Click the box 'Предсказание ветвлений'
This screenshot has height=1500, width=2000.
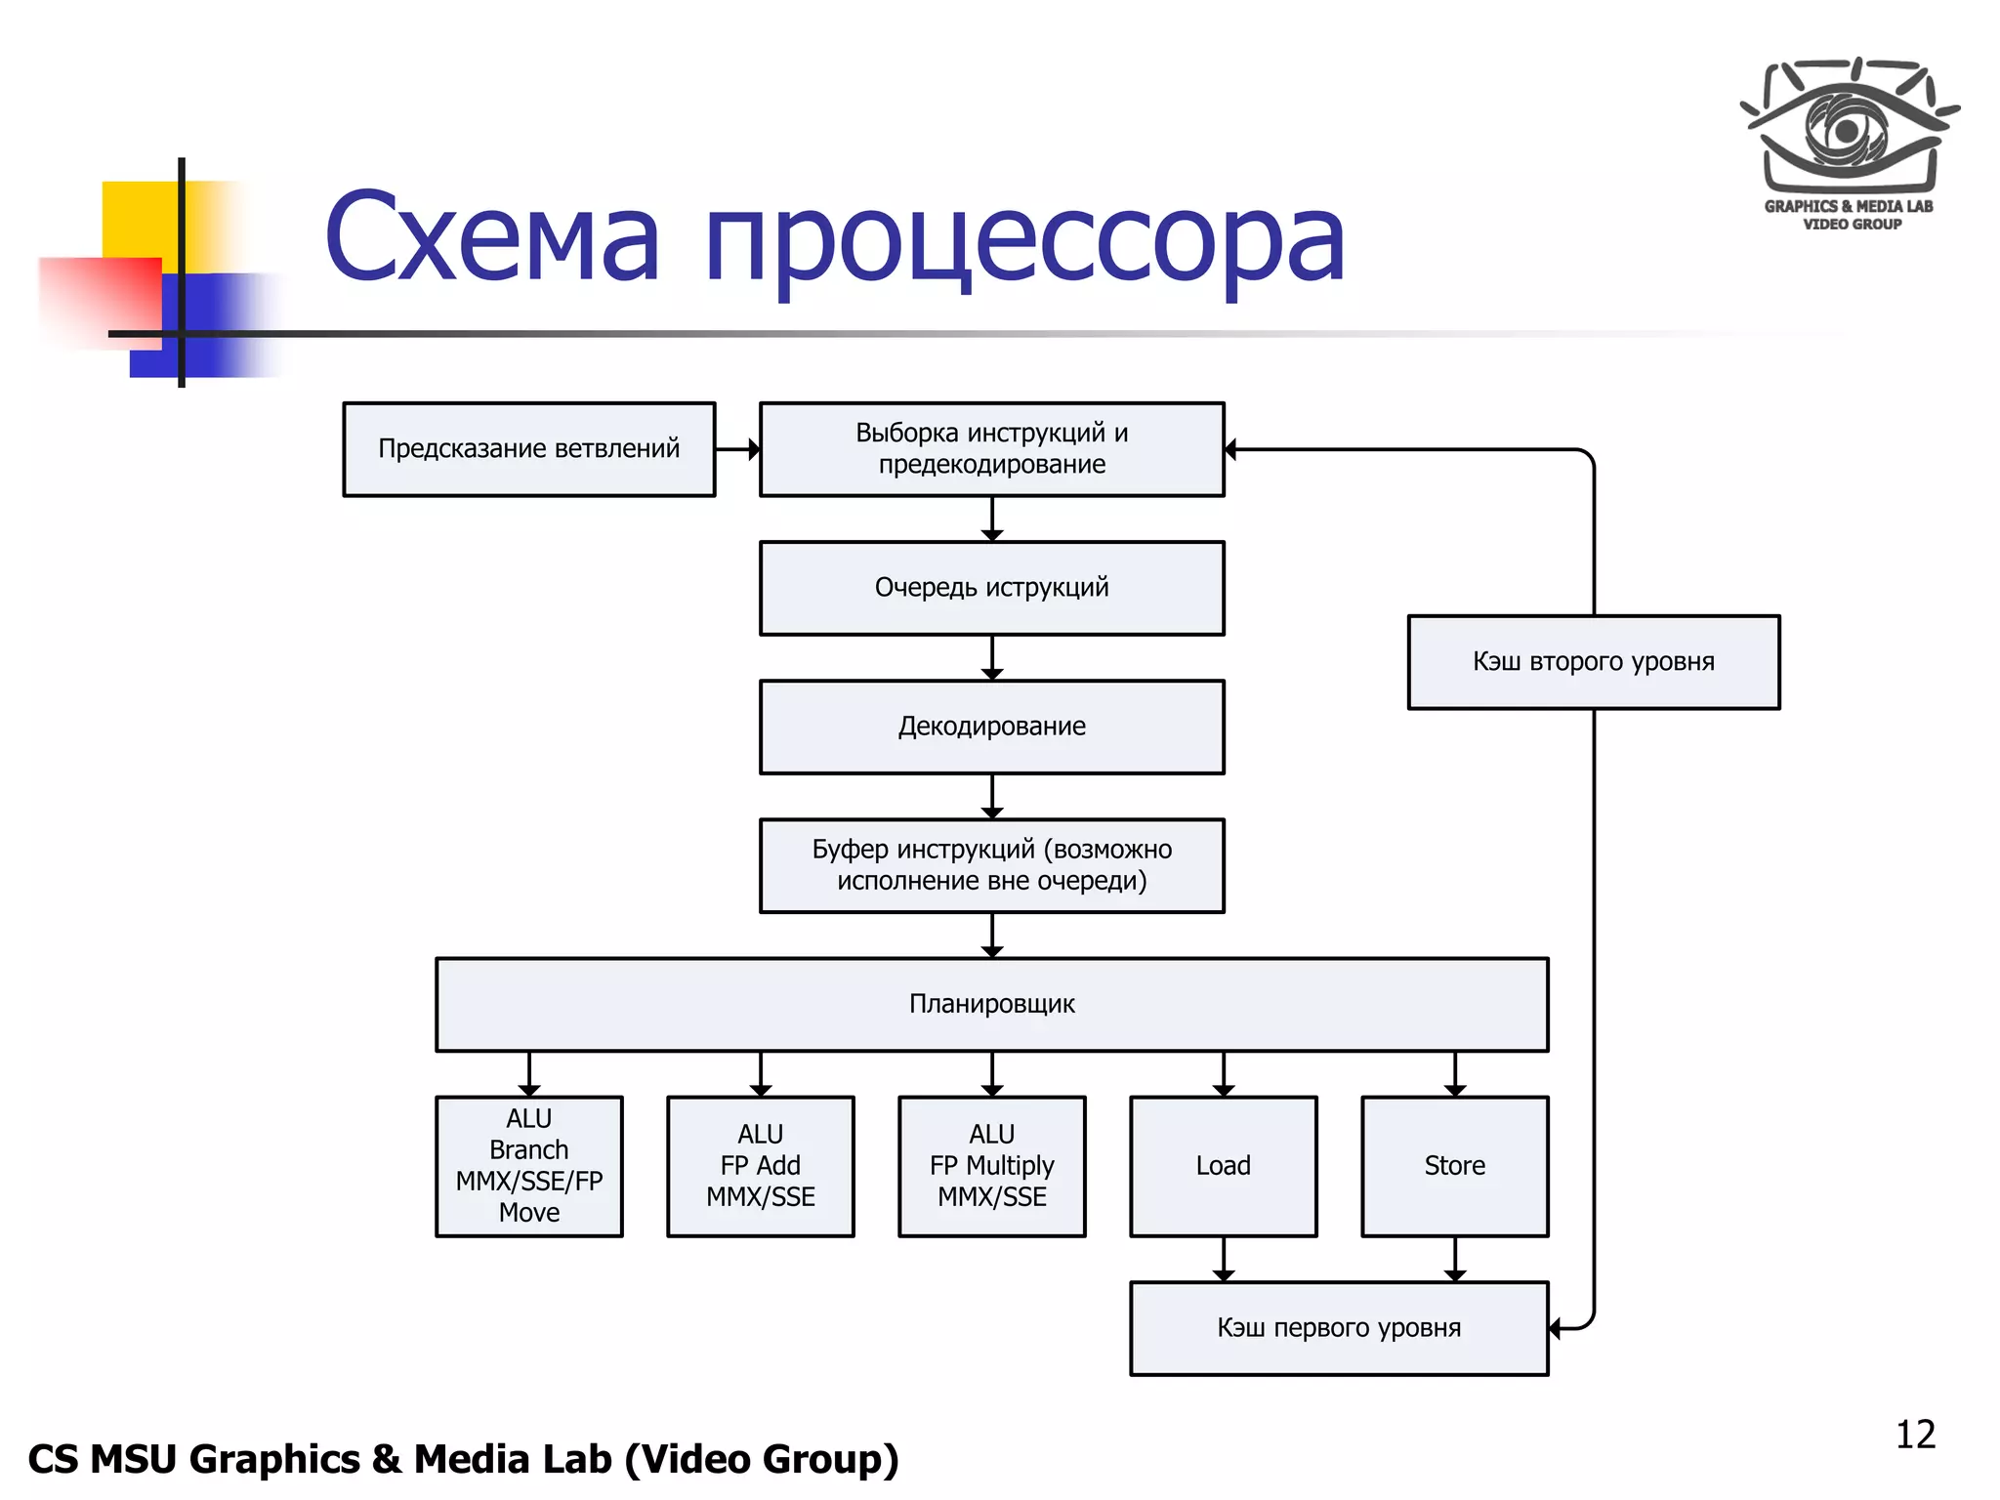[x=528, y=449]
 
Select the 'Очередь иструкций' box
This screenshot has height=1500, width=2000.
[x=991, y=588]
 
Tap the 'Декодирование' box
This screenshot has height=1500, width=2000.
[x=991, y=727]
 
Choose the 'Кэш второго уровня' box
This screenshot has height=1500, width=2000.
[x=1593, y=662]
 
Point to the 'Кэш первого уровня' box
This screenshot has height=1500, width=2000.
[x=1338, y=1328]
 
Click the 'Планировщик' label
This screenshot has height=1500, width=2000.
[x=991, y=1004]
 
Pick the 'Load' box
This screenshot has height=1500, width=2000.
[x=1223, y=1166]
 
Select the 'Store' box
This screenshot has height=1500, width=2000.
[x=1454, y=1166]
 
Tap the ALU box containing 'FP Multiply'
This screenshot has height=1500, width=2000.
[x=991, y=1166]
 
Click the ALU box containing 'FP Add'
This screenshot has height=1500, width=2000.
[x=760, y=1166]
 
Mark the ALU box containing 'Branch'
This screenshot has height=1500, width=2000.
[x=528, y=1166]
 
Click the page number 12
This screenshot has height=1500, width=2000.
[x=1915, y=1435]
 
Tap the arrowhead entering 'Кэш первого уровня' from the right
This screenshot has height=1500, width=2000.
[x=1557, y=1328]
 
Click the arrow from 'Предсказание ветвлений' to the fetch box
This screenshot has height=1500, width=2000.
[x=737, y=449]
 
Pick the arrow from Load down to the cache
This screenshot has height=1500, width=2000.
[x=1223, y=1259]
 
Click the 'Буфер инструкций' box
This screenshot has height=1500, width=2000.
[x=991, y=865]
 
